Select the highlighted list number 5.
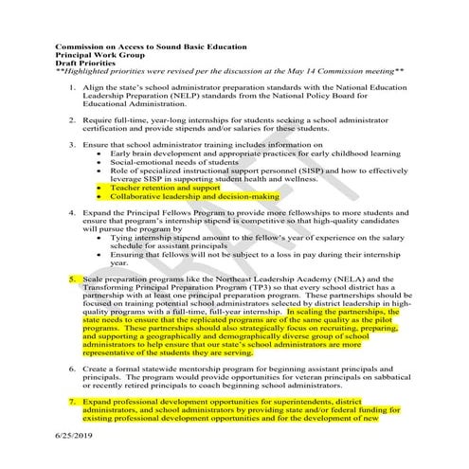tap(74, 280)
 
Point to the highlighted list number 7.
tap(74, 402)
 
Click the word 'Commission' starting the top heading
tap(80, 45)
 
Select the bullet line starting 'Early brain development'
tap(246, 153)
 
